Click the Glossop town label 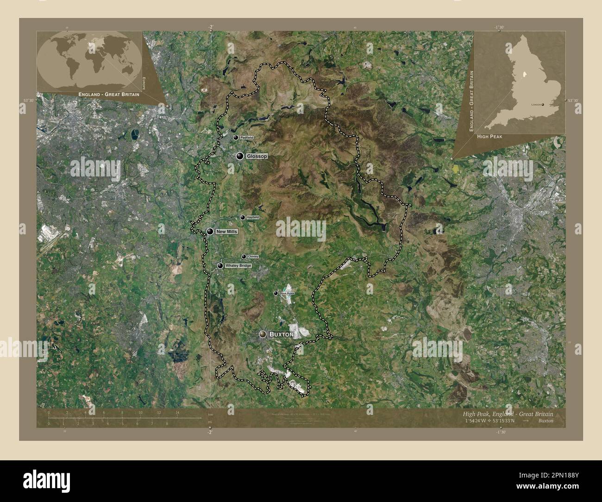pos(257,157)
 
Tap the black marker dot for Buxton pos(263,334)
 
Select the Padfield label pos(246,138)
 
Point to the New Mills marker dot pos(210,232)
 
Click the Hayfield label pos(253,217)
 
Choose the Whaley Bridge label pos(238,266)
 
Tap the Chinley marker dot pos(244,257)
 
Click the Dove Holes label pos(287,293)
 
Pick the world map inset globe pos(90,61)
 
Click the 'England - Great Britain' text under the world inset pos(109,94)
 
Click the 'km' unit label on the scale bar pos(210,414)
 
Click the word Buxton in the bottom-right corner pos(546,421)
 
